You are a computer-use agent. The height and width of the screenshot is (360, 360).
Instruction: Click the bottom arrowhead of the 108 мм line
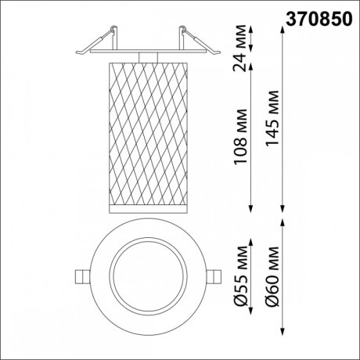point(250,209)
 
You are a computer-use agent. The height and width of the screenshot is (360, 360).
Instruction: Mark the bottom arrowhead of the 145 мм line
point(282,209)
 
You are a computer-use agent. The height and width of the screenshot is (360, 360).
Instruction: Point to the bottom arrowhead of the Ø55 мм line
point(250,318)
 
